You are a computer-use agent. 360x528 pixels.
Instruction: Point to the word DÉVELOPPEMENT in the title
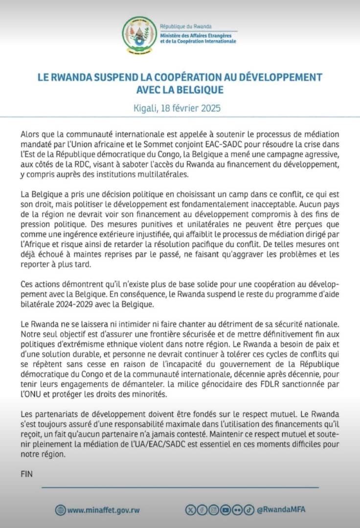pos(281,77)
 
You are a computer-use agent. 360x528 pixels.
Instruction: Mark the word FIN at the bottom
pos(27,474)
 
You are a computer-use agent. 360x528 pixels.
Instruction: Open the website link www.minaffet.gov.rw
pos(103,510)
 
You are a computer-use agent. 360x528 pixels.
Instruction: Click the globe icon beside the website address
pos(60,510)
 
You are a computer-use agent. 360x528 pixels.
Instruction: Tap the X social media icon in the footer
pos(190,509)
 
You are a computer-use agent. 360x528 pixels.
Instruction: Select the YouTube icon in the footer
pos(225,509)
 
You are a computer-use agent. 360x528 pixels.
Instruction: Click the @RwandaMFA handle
pos(280,509)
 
